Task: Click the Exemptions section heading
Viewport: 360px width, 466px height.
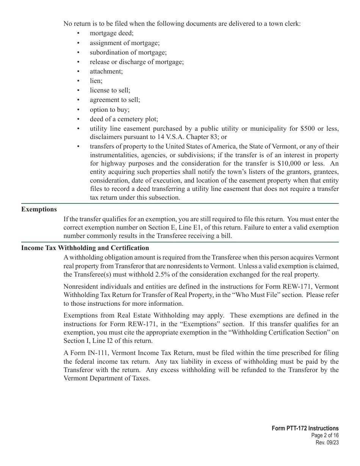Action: [39, 210]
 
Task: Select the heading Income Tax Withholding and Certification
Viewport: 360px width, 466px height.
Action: [85, 248]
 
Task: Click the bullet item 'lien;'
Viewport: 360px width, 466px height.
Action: [96, 81]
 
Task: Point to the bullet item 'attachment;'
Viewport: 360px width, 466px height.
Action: [106, 71]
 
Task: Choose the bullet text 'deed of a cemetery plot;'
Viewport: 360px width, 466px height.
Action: [124, 119]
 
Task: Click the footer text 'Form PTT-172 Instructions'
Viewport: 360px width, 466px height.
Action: [305, 428]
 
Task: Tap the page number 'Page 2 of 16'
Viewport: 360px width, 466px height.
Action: [325, 436]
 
